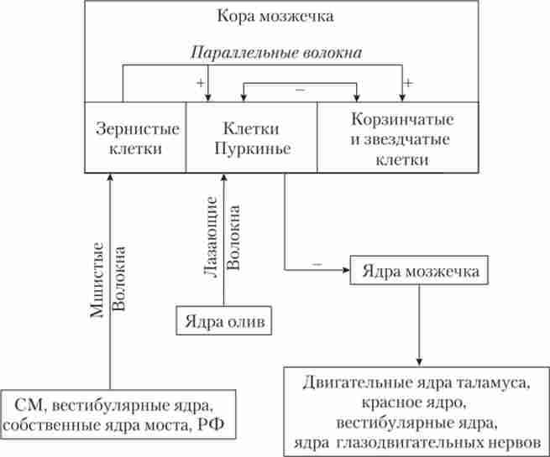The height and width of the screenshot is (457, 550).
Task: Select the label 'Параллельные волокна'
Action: coord(277,53)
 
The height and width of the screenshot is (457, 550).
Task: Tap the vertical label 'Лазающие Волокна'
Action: coord(223,238)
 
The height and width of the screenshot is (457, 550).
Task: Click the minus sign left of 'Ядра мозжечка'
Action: coord(316,262)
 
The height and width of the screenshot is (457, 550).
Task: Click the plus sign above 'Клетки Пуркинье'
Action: coord(201,84)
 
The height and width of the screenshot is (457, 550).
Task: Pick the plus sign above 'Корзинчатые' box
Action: coord(409,84)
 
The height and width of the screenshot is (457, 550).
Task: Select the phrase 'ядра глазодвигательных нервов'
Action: coord(415,442)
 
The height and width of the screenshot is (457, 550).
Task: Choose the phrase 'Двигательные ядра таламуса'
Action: coord(416,384)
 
